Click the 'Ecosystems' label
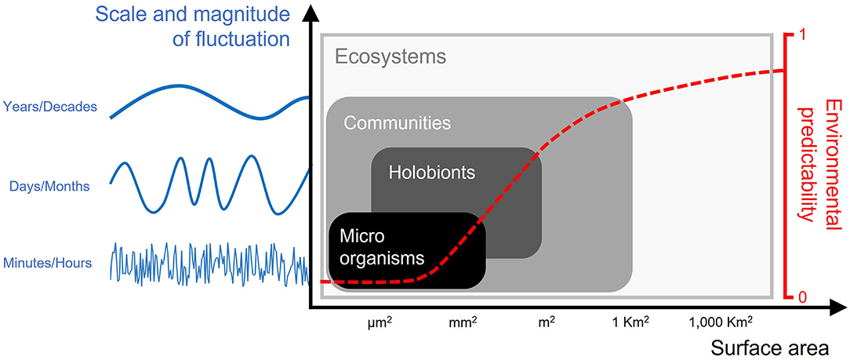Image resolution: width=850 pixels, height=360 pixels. pos(390,56)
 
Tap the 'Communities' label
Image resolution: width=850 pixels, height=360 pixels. pos(397,123)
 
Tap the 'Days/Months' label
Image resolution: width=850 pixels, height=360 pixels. pos(49,187)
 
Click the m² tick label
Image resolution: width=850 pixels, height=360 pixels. pos(545,321)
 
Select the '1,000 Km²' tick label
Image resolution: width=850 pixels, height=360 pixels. pos(721,321)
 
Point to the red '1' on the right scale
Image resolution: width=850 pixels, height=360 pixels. pos(802,35)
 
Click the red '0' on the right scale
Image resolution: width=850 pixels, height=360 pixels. pos(801,297)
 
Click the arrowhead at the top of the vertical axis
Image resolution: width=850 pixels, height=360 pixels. pos(313,11)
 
